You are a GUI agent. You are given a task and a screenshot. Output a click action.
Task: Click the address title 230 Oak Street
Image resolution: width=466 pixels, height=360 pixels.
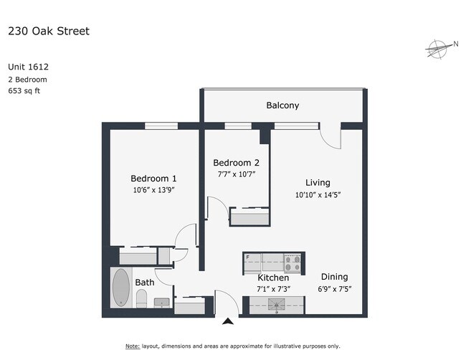[49, 31]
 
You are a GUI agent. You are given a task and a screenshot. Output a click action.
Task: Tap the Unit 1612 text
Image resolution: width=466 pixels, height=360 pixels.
[28, 67]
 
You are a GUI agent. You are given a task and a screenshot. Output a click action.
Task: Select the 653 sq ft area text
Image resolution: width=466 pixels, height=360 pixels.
[24, 90]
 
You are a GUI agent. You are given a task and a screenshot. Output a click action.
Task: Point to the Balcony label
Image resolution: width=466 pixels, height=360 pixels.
[282, 105]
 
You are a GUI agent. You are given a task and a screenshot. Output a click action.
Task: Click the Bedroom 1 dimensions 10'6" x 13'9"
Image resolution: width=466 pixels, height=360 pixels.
[153, 189]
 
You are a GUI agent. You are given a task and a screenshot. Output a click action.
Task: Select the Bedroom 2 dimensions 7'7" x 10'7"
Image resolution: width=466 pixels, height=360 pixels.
[237, 174]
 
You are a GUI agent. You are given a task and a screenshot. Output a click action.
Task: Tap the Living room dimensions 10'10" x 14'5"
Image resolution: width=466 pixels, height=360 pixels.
[318, 195]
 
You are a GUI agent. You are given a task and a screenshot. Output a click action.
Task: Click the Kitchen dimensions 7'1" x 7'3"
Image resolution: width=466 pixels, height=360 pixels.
[273, 289]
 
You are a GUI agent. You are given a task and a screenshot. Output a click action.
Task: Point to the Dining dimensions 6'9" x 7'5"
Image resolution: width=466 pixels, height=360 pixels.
[335, 289]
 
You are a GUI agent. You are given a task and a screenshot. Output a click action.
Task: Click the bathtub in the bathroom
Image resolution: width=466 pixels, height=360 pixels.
[121, 288]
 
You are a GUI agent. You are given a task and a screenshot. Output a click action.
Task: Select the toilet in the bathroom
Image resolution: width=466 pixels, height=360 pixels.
[141, 298]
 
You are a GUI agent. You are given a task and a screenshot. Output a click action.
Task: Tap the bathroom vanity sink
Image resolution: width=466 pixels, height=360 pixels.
[162, 303]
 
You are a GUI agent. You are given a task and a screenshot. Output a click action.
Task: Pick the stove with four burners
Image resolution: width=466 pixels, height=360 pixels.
[292, 263]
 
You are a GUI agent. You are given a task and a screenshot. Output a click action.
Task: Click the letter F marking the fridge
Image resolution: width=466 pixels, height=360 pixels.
[247, 257]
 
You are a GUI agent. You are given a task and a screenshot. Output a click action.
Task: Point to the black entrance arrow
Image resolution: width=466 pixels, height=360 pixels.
[228, 321]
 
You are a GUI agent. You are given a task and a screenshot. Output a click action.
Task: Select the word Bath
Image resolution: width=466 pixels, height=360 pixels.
[145, 282]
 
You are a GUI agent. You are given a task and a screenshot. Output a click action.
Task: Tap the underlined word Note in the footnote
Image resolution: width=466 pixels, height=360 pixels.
[133, 346]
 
